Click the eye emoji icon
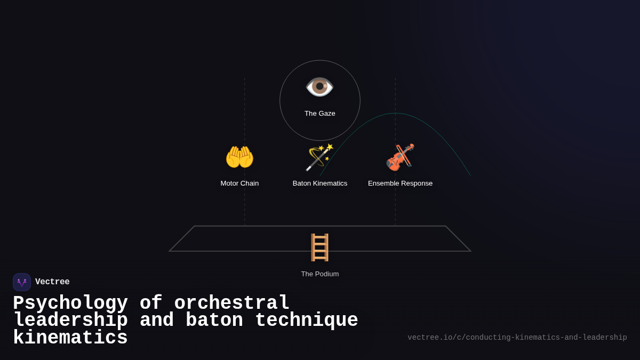click(319, 87)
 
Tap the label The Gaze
click(320, 114)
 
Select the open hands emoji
click(239, 157)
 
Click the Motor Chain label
click(239, 183)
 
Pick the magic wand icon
click(319, 157)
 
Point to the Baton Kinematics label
click(320, 183)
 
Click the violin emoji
click(400, 157)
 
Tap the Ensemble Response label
click(400, 183)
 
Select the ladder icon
click(319, 247)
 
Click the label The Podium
click(320, 274)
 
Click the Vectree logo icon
click(22, 282)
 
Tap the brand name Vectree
click(52, 282)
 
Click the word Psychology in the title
click(70, 303)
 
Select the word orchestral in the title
click(232, 303)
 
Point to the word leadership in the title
click(70, 321)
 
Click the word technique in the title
click(307, 321)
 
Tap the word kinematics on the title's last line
click(70, 338)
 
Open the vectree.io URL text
click(517, 338)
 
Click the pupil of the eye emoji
click(319, 86)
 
